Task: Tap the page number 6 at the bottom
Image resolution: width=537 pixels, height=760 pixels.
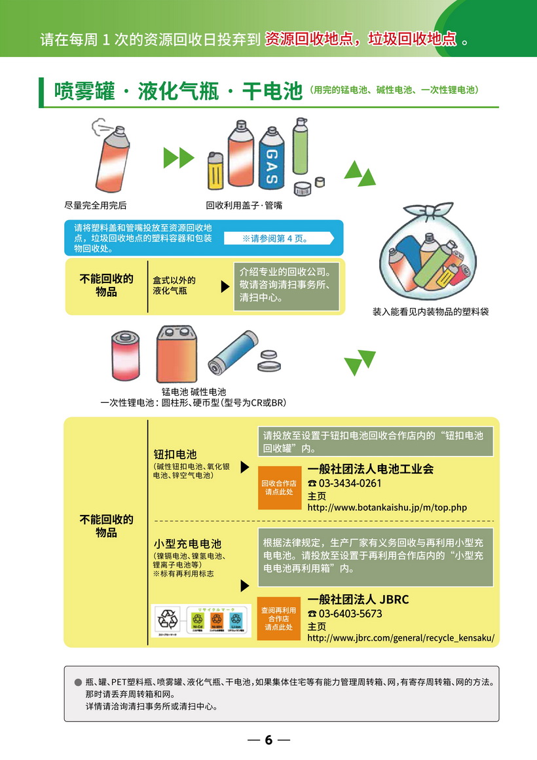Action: click(x=268, y=740)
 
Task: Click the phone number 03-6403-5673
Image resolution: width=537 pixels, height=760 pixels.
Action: click(x=350, y=613)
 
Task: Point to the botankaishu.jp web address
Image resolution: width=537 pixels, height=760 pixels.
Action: click(x=386, y=507)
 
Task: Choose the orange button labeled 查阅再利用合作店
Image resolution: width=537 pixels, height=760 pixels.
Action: click(x=278, y=618)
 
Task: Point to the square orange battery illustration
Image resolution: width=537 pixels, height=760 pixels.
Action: click(x=177, y=354)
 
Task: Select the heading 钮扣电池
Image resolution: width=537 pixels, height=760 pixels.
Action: click(x=175, y=454)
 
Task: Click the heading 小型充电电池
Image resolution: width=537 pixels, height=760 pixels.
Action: click(x=187, y=544)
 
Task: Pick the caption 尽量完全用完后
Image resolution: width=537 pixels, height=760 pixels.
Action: click(x=95, y=205)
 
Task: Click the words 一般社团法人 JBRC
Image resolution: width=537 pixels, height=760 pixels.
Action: click(x=358, y=599)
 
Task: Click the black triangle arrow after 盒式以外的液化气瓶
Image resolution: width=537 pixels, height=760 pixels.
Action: click(x=225, y=286)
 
